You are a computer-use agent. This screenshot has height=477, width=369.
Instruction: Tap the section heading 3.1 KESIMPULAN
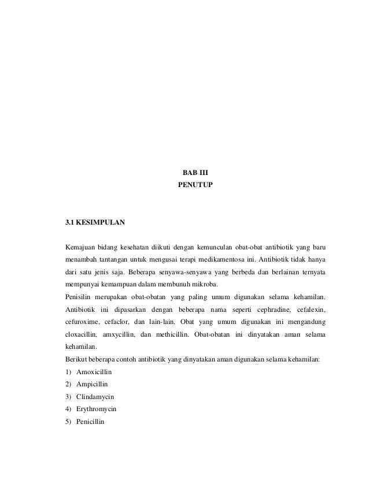(95, 221)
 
